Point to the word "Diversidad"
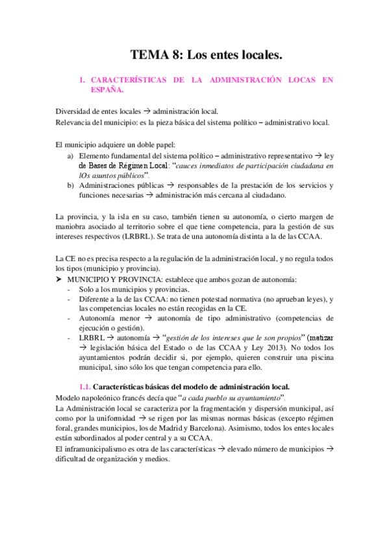point(74,111)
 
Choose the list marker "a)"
point(71,156)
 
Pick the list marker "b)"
point(71,185)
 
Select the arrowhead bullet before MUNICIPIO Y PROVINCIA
point(59,279)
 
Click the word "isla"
point(137,216)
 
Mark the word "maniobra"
point(73,226)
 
